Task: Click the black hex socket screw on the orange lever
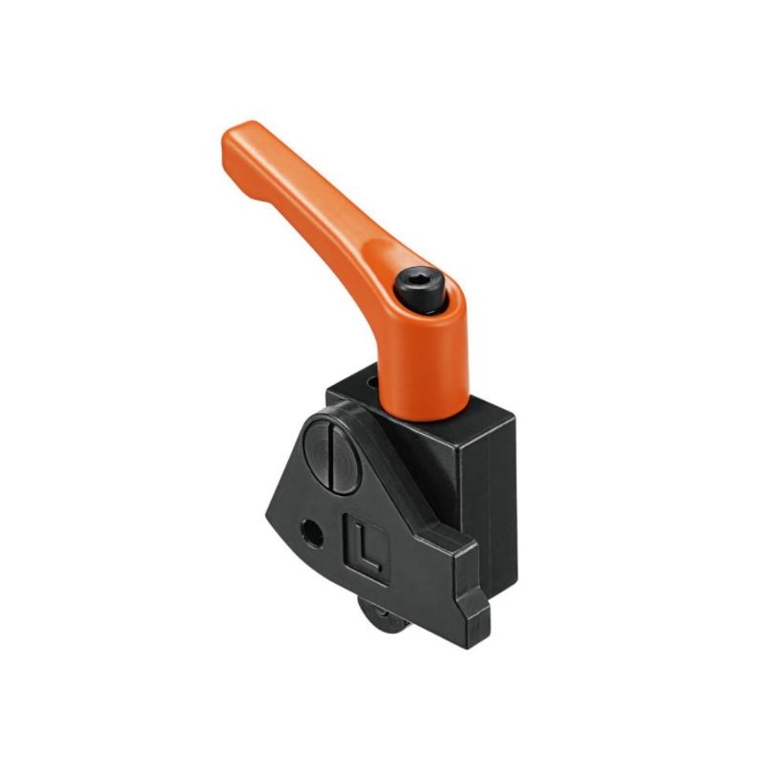[x=420, y=290]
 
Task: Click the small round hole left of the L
[x=312, y=534]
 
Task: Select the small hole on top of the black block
[x=374, y=381]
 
